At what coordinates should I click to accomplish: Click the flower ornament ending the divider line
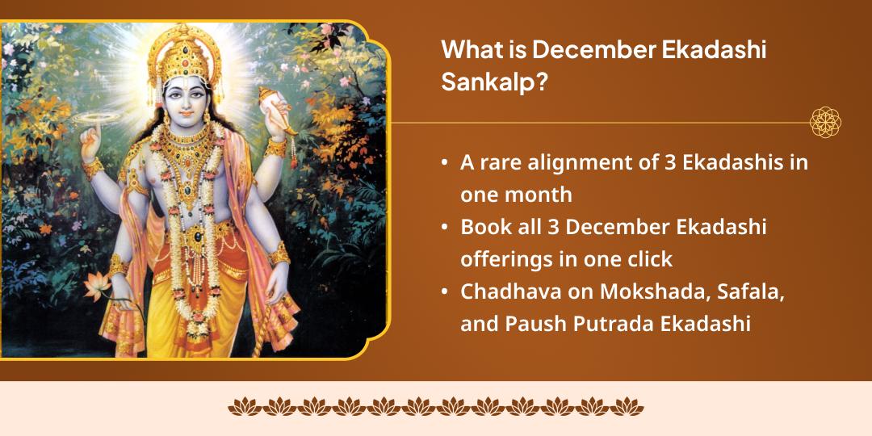point(825,122)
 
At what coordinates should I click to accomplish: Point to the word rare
point(502,162)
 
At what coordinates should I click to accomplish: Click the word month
point(543,195)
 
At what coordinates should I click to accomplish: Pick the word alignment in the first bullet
point(579,162)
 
